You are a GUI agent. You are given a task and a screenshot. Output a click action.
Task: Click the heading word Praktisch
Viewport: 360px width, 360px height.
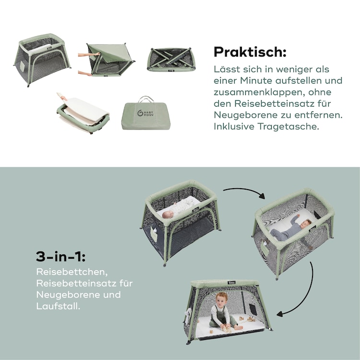tap(250, 52)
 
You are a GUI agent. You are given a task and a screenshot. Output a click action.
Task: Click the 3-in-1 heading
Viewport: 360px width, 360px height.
tap(60, 256)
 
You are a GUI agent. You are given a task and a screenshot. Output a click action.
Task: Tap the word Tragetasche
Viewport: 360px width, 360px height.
tap(288, 127)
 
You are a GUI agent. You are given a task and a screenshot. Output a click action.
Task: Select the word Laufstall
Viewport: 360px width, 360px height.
tap(58, 306)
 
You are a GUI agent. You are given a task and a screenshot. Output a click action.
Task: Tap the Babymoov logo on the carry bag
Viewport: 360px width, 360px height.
tap(145, 113)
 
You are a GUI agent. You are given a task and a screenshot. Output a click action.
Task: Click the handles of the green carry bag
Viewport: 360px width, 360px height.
tap(146, 99)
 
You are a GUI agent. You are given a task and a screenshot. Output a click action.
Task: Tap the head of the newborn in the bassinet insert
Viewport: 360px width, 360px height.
tap(168, 215)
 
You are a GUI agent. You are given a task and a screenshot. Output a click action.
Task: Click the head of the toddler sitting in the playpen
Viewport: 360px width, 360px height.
tap(222, 299)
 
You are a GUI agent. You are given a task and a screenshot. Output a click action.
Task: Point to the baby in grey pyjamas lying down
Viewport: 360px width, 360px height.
tap(291, 228)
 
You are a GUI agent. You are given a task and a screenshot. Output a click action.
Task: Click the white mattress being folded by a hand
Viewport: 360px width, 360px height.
tap(85, 111)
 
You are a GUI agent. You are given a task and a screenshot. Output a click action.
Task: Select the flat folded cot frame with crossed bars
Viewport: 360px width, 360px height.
tap(171, 60)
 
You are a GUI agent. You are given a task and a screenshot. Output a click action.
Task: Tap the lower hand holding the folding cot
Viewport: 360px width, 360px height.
tap(85, 73)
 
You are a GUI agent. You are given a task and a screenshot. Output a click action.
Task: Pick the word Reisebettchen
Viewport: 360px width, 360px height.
tap(72, 272)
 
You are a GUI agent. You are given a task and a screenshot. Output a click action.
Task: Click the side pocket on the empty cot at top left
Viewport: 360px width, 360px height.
tap(22, 66)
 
